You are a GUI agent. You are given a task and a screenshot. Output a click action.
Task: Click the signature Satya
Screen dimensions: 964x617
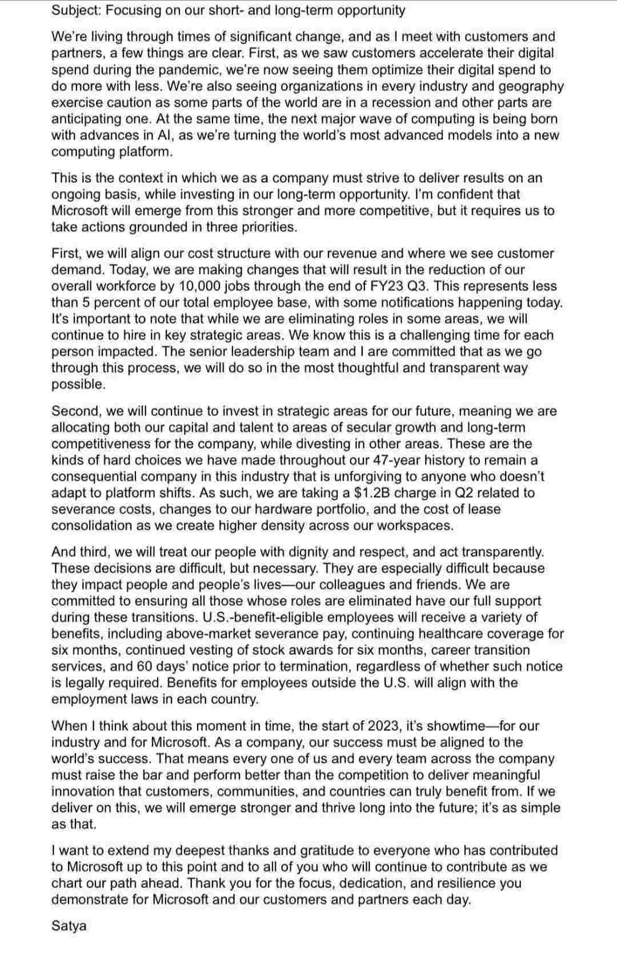coord(69,926)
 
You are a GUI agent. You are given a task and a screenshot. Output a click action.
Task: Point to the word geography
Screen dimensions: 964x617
coord(532,86)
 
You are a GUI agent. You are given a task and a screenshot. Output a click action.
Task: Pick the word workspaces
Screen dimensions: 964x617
coord(419,526)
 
